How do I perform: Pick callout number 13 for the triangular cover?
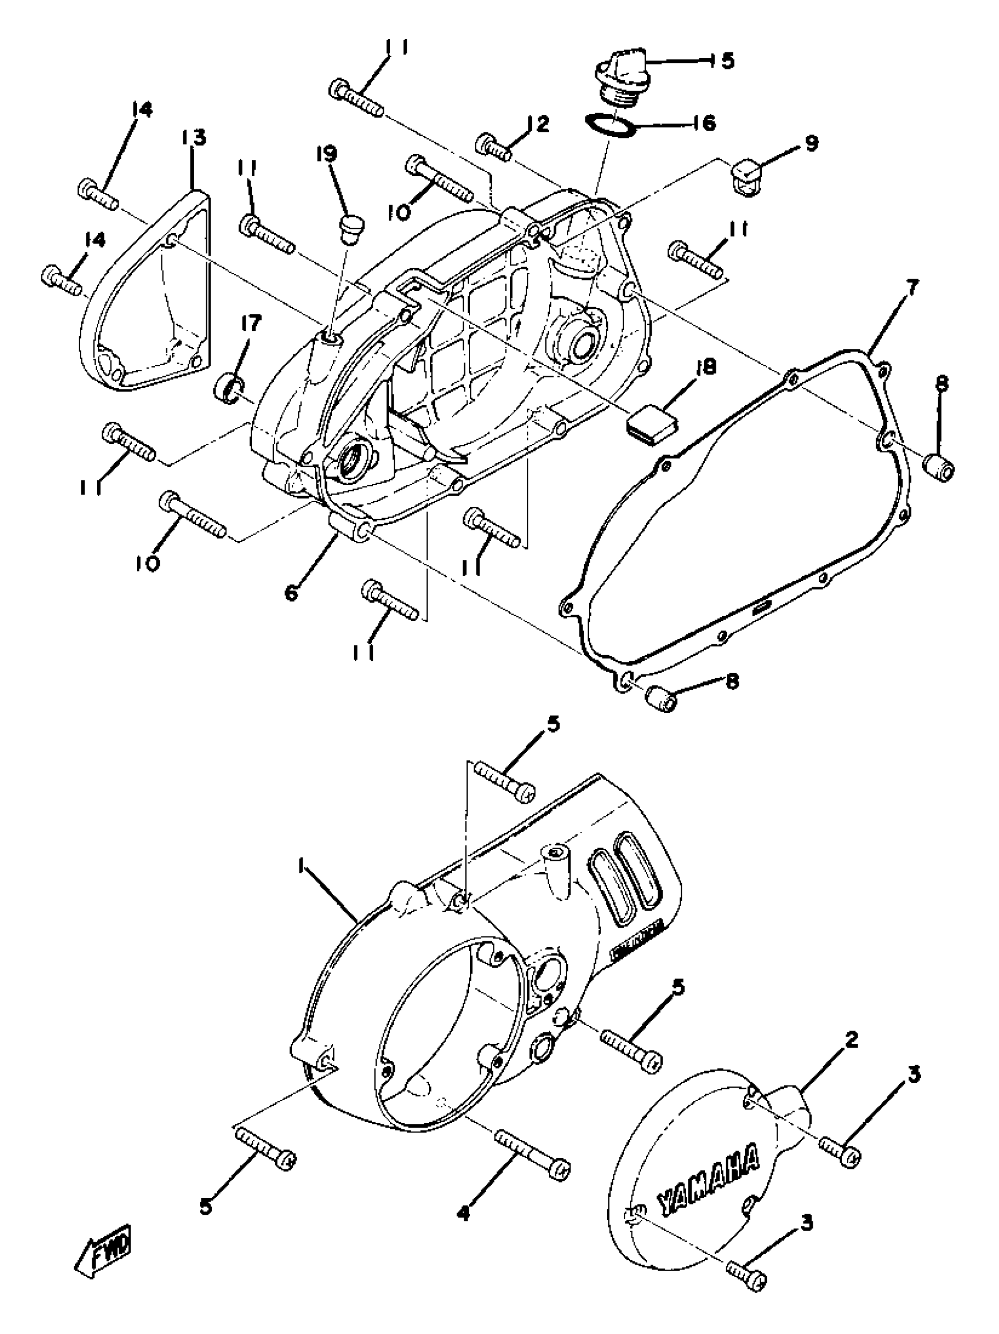pyautogui.click(x=193, y=138)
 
